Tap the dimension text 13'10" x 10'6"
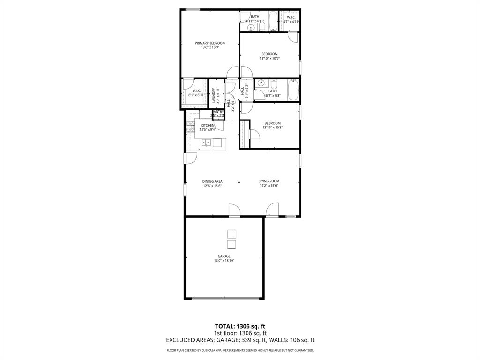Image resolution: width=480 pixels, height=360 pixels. [x=270, y=59]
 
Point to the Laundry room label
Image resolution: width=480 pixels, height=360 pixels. [x=213, y=96]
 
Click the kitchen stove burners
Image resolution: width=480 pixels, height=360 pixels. [x=190, y=127]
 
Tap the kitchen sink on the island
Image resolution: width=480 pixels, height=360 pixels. [x=206, y=143]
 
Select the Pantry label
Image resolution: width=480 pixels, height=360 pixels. [x=218, y=112]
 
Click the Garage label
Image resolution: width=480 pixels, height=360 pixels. [x=224, y=256]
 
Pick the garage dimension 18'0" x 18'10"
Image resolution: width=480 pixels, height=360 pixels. [x=224, y=261]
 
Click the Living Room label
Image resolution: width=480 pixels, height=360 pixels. [x=269, y=181]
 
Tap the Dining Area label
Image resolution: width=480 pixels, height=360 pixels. [x=212, y=181]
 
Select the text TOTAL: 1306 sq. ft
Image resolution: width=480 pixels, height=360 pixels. [x=240, y=326]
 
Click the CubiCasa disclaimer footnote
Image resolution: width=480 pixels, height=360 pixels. [x=240, y=351]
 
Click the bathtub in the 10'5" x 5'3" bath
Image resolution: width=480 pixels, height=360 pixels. [x=293, y=90]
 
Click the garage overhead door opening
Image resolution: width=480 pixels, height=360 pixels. [x=225, y=299]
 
